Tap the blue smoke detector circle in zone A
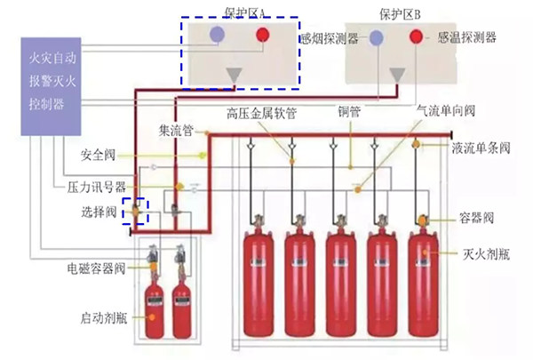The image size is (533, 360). (x=217, y=35)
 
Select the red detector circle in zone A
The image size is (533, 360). (x=264, y=36)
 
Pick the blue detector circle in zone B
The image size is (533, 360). (x=377, y=37)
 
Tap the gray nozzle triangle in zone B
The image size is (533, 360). (x=396, y=76)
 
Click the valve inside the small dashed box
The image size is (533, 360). (x=136, y=212)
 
